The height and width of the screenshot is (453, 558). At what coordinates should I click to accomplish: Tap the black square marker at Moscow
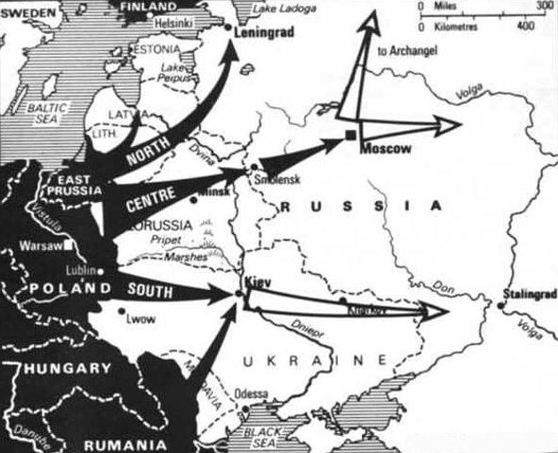tap(350, 138)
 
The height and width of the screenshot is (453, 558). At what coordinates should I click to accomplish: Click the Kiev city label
tap(253, 282)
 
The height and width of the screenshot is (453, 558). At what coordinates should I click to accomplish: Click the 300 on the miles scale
tap(544, 7)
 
